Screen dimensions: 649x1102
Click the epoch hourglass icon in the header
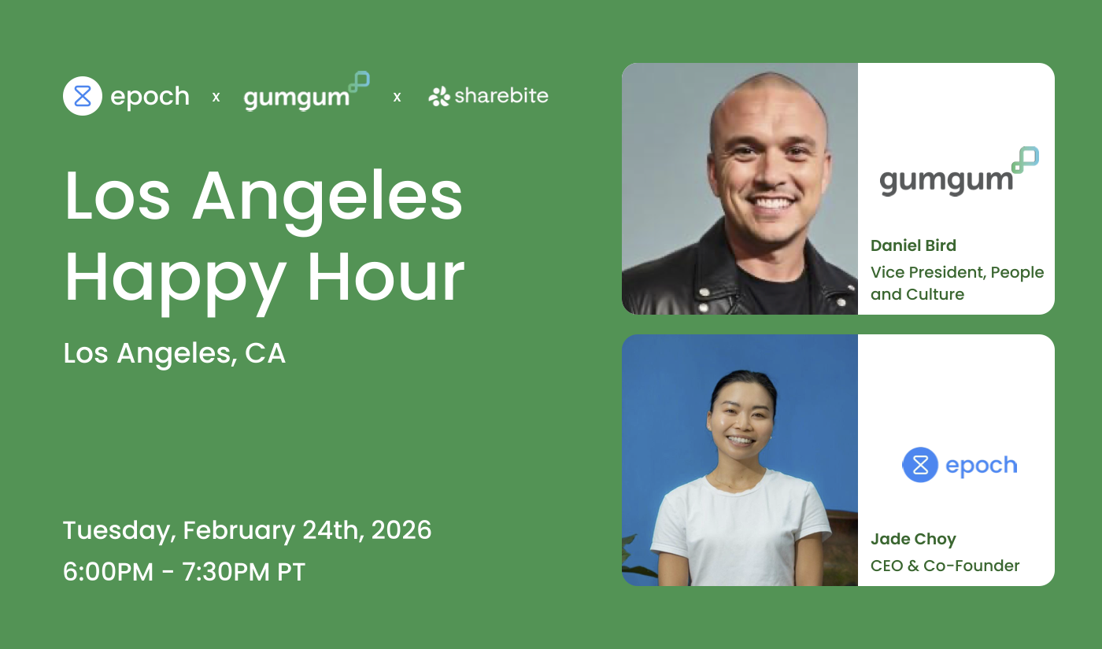tap(83, 96)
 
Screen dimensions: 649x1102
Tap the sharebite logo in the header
tap(489, 96)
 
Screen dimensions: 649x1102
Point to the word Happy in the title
tap(176, 278)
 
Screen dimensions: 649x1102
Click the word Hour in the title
tap(386, 278)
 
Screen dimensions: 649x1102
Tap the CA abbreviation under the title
tap(265, 354)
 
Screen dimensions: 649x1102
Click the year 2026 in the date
tap(401, 529)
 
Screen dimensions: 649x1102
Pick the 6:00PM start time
tap(108, 572)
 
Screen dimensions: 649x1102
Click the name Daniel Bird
tap(913, 245)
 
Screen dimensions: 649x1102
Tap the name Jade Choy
tap(913, 539)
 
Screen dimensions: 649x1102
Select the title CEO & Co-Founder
tap(945, 566)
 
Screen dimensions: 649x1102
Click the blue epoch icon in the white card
tap(920, 465)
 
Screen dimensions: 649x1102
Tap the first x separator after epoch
tap(216, 97)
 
